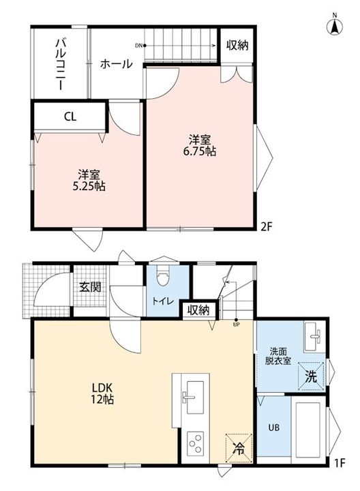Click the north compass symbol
(x=335, y=25)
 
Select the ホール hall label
(x=117, y=64)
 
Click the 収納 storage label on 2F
(x=237, y=46)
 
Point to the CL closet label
(x=70, y=117)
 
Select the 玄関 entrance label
(x=90, y=286)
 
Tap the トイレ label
(x=163, y=301)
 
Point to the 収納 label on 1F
(x=198, y=310)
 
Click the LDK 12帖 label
(x=102, y=393)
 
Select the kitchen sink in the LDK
(x=192, y=397)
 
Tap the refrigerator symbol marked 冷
(x=239, y=447)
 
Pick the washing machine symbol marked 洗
(x=311, y=376)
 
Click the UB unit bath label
(x=273, y=428)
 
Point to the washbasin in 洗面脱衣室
(x=314, y=337)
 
